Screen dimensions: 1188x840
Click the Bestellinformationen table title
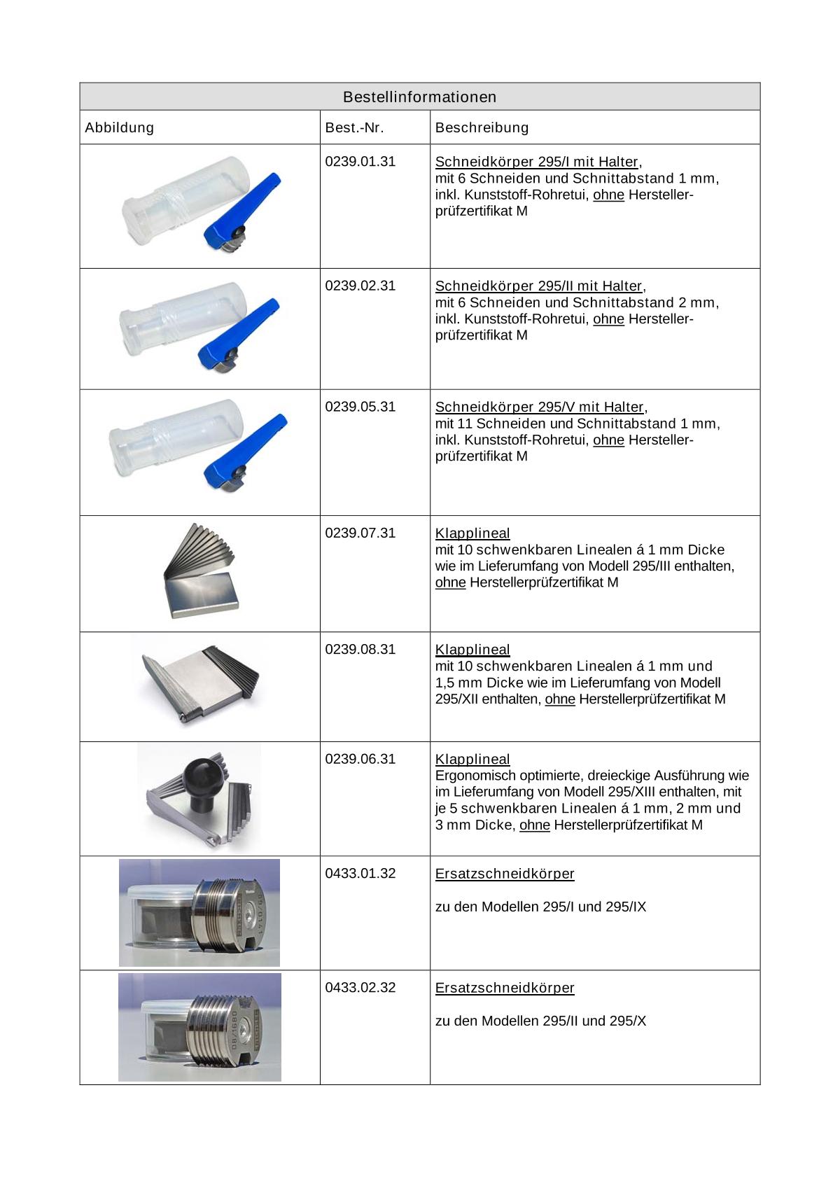pos(419,97)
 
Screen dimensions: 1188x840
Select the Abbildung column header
pos(119,127)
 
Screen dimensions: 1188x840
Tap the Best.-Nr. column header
pos(355,127)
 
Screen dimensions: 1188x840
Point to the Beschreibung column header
pos(482,127)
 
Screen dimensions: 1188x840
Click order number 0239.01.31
pos(360,162)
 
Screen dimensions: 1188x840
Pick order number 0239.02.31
pos(360,286)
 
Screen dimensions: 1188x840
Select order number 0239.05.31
pos(360,407)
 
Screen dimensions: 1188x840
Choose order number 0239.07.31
pos(360,533)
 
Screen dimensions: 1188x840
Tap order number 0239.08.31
pos(360,649)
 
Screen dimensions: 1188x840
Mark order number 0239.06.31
pos(360,759)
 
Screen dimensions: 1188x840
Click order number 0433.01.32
pos(360,873)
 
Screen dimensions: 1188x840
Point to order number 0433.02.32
pos(360,987)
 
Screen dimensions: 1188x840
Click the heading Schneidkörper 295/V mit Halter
pos(539,407)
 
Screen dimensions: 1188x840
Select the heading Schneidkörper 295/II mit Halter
pos(538,286)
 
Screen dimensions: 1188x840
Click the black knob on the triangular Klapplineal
pos(202,776)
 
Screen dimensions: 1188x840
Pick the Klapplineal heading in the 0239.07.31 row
pos(472,533)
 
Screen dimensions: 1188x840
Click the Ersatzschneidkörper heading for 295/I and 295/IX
pos(505,873)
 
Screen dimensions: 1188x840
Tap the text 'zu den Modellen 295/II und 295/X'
pos(540,1021)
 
